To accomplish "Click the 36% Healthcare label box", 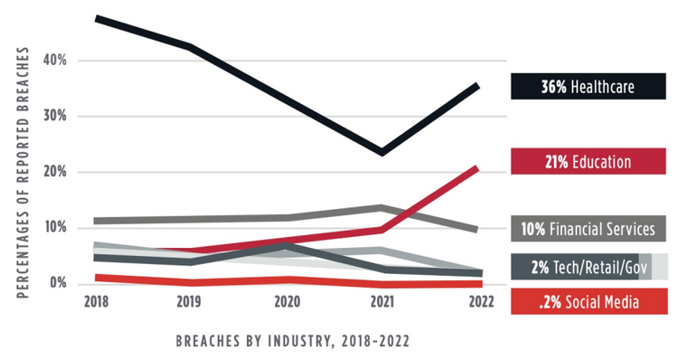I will tap(589, 87).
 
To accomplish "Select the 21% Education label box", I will tap(589, 160).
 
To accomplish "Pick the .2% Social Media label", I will tap(589, 301).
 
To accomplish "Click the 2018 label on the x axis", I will tap(96, 302).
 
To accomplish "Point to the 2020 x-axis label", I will tap(287, 302).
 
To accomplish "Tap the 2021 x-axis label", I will tap(383, 302).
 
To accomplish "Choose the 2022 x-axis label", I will tap(479, 302).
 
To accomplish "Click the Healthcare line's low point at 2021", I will tap(383, 152).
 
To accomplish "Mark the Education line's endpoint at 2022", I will tap(476, 168).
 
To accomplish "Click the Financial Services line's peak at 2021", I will tap(383, 208).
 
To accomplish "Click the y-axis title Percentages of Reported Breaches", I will tap(24, 172).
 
